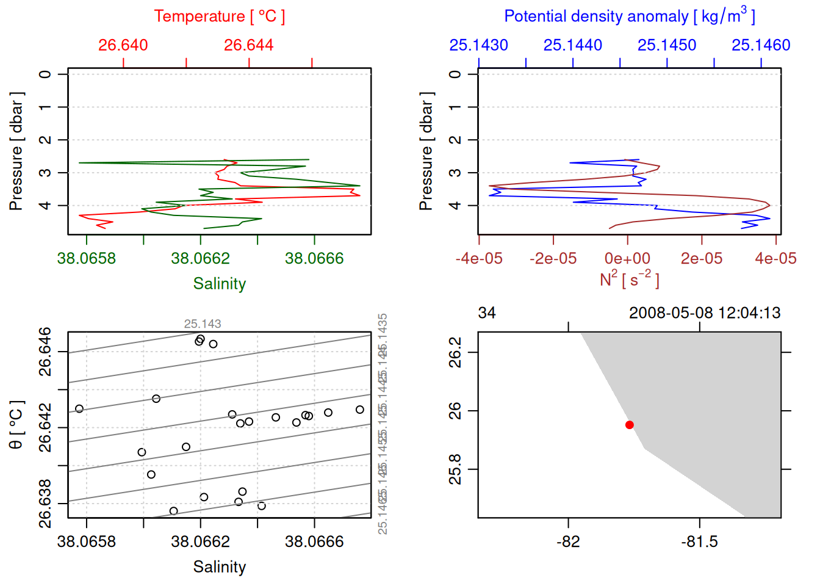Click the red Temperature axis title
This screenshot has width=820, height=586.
coord(219,16)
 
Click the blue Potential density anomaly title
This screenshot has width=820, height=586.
coord(629,16)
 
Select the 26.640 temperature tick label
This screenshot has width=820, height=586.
coord(123,45)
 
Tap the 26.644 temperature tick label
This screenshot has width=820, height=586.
coord(248,45)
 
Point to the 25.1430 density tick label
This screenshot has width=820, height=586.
coord(478,45)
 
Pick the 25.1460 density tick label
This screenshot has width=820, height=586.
coord(761,45)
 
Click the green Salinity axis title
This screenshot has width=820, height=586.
coord(219,284)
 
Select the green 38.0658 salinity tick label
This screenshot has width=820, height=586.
coord(86,258)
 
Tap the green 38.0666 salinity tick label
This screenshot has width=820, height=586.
coord(314,258)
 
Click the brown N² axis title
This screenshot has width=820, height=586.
coord(629,279)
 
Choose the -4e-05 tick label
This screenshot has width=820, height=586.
coord(479,258)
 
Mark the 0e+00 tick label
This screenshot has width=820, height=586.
coord(627,258)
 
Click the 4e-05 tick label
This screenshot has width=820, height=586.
coord(775,258)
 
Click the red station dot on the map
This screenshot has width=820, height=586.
coord(630,425)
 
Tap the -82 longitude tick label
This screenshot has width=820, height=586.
coord(568,541)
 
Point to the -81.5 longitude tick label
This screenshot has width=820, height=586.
coord(699,541)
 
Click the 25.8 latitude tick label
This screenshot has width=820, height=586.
coord(455,469)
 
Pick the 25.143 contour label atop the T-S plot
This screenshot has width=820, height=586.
coord(203,324)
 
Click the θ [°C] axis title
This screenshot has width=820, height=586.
coord(16,425)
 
